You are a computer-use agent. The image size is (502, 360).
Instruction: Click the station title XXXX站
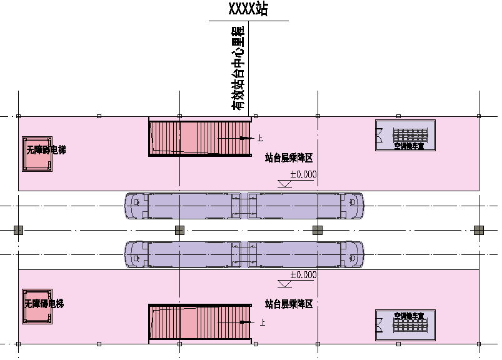(249, 10)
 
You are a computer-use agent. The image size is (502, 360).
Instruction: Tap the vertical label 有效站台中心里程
(239, 69)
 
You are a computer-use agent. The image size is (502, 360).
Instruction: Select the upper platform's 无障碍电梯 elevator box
(38, 153)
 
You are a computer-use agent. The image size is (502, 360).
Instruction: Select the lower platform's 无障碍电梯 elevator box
(37, 307)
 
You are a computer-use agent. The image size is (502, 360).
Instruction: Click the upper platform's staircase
(199, 137)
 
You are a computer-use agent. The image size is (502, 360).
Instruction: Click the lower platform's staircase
(199, 322)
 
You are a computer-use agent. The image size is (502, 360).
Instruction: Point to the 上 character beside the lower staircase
(262, 322)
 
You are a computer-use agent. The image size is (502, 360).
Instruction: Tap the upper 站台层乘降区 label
(288, 158)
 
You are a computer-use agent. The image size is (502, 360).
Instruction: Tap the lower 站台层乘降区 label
(288, 304)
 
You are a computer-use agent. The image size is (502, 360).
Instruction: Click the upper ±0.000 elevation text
(303, 174)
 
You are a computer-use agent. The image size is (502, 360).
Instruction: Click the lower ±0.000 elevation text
(303, 275)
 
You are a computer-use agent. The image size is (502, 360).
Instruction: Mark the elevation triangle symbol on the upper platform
(284, 184)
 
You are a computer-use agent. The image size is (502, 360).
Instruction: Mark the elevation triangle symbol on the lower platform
(284, 284)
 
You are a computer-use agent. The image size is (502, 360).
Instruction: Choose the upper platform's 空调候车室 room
(404, 135)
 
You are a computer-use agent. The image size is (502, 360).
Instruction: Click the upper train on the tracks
(244, 206)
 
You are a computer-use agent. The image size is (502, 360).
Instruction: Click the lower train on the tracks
(244, 254)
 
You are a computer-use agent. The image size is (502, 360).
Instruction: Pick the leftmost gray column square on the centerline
(18, 230)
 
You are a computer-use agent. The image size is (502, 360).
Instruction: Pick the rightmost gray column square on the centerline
(479, 230)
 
